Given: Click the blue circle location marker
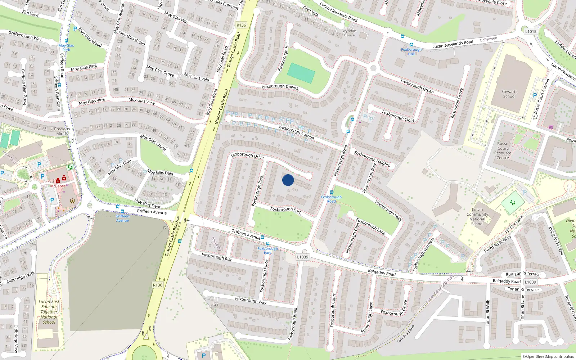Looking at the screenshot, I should (288, 180).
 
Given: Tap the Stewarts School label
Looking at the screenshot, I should (509, 94).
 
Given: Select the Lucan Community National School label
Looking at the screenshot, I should (477, 216).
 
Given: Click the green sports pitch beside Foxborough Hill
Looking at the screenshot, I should (301, 73).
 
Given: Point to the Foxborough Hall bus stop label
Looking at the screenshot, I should (411, 51).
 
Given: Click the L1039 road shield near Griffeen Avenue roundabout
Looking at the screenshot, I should (302, 257).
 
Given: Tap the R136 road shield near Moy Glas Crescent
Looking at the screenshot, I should (241, 25).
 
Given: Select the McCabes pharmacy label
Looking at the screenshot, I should (58, 186).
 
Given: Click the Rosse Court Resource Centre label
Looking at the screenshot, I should (503, 150).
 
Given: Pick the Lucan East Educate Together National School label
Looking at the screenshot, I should (49, 312).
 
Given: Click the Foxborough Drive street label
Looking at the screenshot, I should (247, 156).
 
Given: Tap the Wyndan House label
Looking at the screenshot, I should (349, 33).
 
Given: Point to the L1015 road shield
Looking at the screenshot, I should (530, 31).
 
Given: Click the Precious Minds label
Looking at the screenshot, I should (62, 131).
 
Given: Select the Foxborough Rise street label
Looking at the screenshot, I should (217, 257).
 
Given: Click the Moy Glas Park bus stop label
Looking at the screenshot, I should (66, 48).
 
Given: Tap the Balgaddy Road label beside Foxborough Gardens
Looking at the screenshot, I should (382, 273).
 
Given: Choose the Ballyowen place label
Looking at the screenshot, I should (488, 39).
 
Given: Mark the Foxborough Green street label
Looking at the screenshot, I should (417, 86).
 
